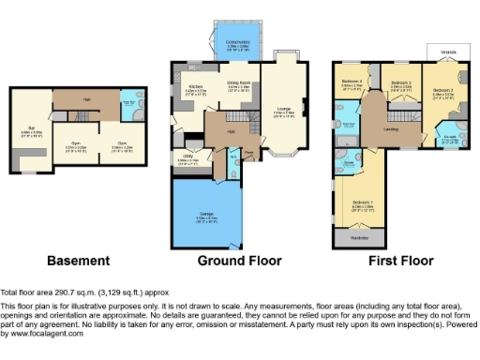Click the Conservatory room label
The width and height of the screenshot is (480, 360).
pos(225,43)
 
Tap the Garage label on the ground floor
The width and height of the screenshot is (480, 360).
pos(205,216)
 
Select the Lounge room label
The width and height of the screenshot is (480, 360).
pos(281,112)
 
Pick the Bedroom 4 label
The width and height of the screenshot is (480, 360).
pos(352,84)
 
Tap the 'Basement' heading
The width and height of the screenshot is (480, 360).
pos(79,260)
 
